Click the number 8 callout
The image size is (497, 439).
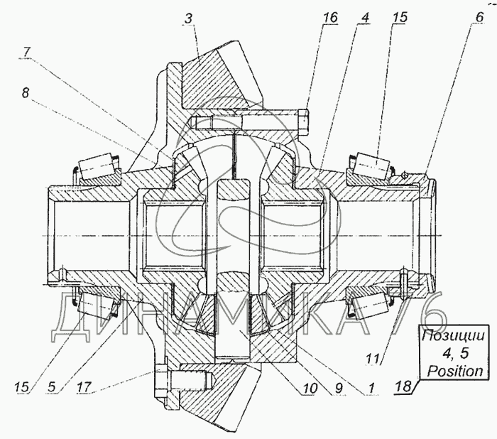(27, 92)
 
